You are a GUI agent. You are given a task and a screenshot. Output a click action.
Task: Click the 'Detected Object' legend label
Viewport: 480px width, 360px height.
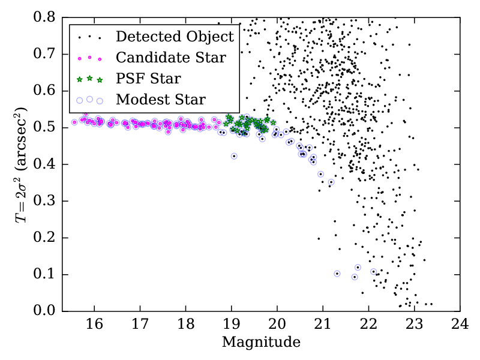[175, 37]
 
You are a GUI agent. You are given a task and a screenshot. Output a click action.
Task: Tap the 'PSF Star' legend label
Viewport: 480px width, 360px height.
[148, 79]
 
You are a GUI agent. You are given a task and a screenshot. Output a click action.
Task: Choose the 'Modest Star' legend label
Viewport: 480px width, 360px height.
[161, 99]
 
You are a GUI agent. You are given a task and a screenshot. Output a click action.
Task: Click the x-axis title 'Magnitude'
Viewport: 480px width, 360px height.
[261, 343]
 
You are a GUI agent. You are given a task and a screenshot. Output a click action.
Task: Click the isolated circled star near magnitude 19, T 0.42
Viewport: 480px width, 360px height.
[234, 156]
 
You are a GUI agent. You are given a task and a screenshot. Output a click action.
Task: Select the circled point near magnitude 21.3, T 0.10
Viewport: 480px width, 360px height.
[337, 274]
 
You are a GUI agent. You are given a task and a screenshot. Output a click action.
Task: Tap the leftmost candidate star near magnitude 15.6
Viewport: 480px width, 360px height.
[74, 122]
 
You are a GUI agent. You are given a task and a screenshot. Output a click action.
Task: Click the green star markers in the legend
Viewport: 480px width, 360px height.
[90, 78]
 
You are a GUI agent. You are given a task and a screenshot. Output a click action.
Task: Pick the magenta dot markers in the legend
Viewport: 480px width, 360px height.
[90, 58]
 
